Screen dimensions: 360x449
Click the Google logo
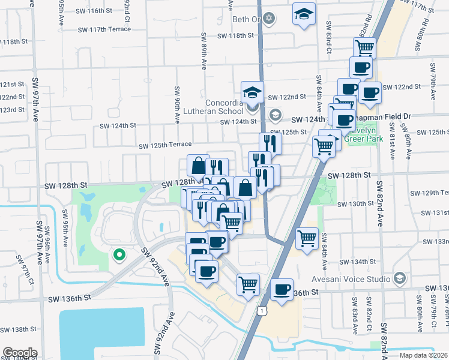tap(20, 353)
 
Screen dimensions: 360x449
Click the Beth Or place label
tap(246, 19)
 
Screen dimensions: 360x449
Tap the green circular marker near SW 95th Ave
tap(119, 254)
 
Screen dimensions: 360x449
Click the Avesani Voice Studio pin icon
tap(400, 278)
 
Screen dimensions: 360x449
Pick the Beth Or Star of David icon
tap(268, 19)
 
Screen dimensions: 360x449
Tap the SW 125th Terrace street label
tap(165, 145)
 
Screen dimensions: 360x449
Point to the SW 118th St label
tap(237, 36)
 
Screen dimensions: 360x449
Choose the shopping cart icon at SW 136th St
tap(248, 284)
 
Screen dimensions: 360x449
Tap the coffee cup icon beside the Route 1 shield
tap(281, 290)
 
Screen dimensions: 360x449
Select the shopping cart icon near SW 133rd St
tap(307, 238)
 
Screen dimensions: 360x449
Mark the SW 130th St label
tap(355, 204)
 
